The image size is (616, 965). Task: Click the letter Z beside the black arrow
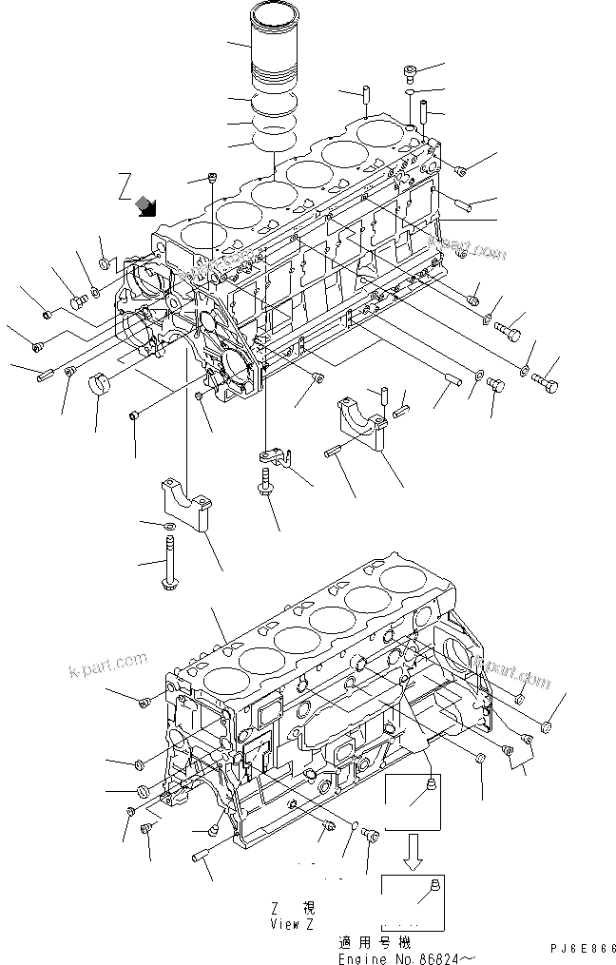tap(125, 184)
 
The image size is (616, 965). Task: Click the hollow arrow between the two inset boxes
tap(413, 851)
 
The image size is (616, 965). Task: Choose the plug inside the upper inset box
tap(433, 785)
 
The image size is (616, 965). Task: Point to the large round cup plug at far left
tap(101, 389)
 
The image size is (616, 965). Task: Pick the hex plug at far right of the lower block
tap(547, 727)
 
